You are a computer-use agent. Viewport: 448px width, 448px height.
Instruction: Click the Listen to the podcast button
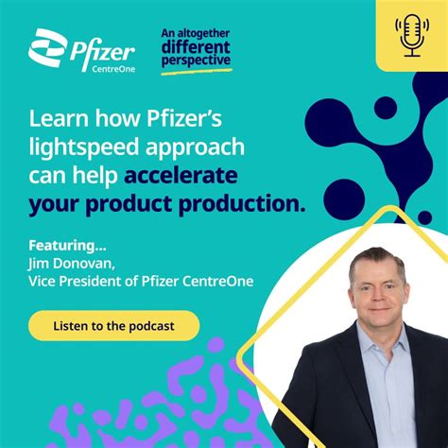pos(113,325)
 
